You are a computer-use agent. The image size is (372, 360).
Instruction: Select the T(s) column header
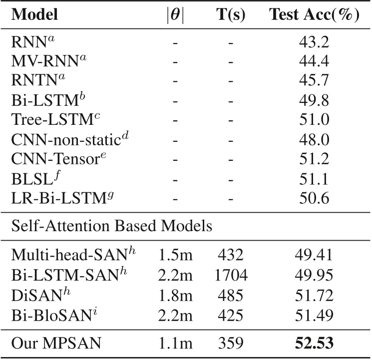point(230,15)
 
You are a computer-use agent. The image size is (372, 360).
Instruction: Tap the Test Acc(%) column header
point(315,15)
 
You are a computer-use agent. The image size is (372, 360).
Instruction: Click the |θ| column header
point(175,15)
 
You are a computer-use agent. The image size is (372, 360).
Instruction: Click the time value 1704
point(230,276)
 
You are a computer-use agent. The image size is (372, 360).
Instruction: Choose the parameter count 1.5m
point(175,256)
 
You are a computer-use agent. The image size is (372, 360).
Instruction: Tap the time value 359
point(230,344)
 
